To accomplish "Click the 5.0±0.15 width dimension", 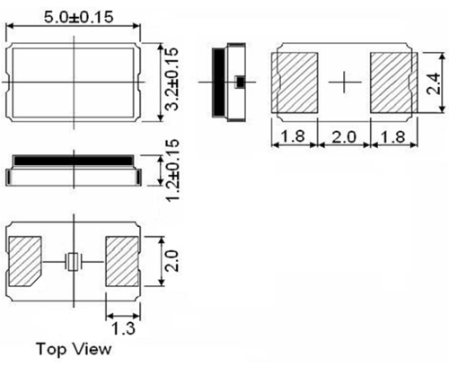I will pos(73,17).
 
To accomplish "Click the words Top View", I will pos(74,347).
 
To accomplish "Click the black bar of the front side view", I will pos(72,161).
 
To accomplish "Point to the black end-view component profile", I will pos(218,81).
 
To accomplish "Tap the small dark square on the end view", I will pos(238,82).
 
